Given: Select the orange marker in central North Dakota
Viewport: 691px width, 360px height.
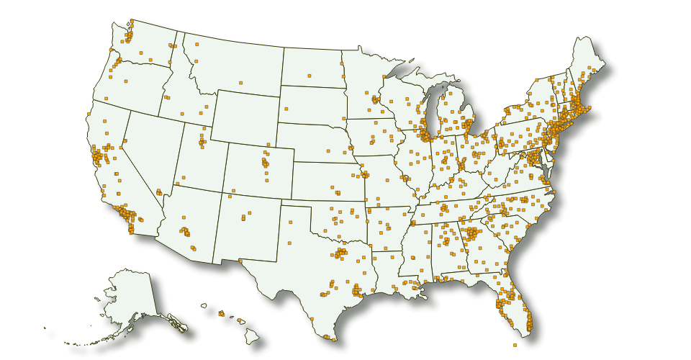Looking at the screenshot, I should [309, 75].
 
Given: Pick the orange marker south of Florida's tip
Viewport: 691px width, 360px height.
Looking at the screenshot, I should [515, 345].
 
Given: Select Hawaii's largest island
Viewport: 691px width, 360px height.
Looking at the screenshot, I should [252, 335].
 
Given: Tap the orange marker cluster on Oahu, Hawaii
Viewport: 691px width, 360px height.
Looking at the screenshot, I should [221, 313].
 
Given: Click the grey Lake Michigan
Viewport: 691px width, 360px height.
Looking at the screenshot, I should [431, 108].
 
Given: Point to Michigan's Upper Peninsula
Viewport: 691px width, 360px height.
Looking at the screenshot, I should [417, 84].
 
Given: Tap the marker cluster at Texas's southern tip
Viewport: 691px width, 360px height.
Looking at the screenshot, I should [328, 337].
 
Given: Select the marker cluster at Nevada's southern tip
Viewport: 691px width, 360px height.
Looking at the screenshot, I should [159, 192].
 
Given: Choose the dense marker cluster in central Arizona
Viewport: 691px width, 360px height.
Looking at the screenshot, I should [186, 232].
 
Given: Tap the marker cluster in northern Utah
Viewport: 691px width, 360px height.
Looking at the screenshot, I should [201, 137].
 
